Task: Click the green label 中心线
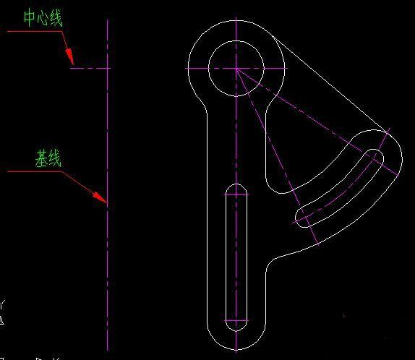[x=43, y=18]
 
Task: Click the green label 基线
[x=48, y=158]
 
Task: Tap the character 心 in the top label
[x=43, y=18]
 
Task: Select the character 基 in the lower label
[x=42, y=158]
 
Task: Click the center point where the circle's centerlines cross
[x=236, y=69]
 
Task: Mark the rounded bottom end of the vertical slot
[x=236, y=327]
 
